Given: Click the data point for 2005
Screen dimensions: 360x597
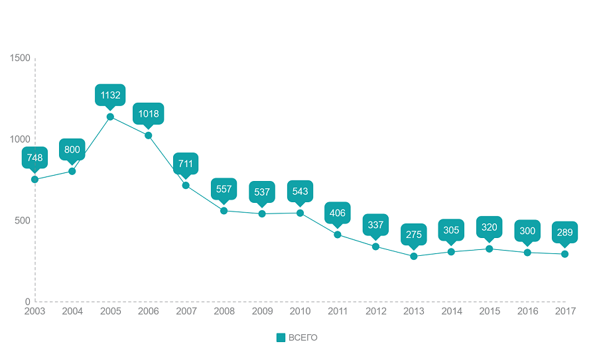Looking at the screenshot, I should coord(110,117).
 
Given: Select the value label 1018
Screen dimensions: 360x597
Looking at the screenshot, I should coord(149,113).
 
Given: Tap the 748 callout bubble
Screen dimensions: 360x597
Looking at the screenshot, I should coord(34,158).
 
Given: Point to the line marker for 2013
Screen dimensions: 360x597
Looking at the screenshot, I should coord(414,256).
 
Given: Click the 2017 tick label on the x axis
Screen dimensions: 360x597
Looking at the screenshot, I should coord(565,311).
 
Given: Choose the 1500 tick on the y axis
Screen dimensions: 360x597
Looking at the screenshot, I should coord(21,58).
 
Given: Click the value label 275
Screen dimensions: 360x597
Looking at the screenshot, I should coord(414,234).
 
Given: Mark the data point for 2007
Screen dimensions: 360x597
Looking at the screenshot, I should coord(186,185).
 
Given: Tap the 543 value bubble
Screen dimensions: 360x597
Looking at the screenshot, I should coord(300,192).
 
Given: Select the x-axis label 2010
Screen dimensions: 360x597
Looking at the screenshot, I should coord(300,311).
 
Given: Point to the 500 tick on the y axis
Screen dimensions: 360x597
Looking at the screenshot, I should coord(23,221).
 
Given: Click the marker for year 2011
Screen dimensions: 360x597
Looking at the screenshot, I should coord(338,235).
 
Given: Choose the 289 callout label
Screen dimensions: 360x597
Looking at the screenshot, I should coord(565,232).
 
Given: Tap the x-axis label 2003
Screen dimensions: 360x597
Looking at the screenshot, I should coord(34,311).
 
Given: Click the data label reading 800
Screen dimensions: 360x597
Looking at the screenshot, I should coord(72,150).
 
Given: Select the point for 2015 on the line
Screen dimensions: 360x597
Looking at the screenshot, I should coord(490,249).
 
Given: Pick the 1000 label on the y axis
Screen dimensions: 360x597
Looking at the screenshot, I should coord(21,139).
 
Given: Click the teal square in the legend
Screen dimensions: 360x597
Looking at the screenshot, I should coord(281,338).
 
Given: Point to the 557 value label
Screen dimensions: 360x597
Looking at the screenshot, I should coord(224,189).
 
